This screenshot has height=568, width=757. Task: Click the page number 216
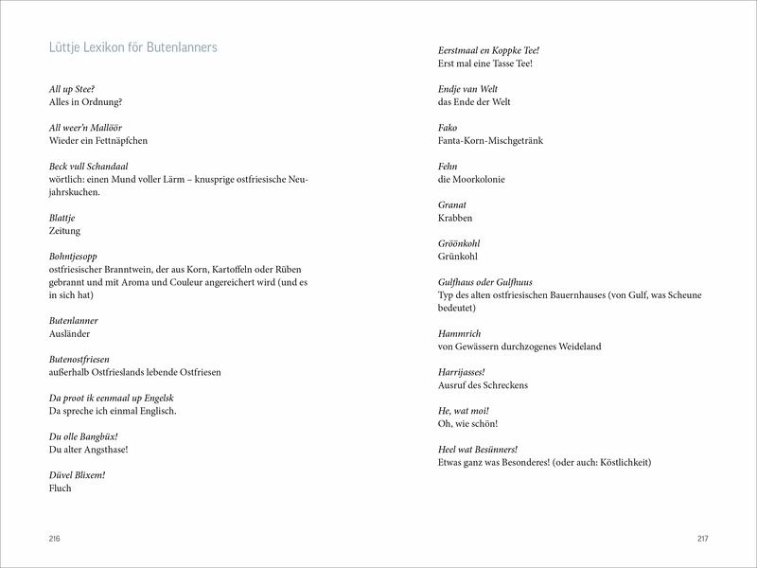[x=54, y=539]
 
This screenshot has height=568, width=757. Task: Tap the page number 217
[x=701, y=539]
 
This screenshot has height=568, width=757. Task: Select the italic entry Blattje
[x=63, y=217]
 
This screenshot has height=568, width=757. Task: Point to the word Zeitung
[x=64, y=230]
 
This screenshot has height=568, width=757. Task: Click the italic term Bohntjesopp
[x=72, y=256]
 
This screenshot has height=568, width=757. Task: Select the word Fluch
[x=59, y=488]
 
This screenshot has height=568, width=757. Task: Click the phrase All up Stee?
[x=73, y=88]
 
